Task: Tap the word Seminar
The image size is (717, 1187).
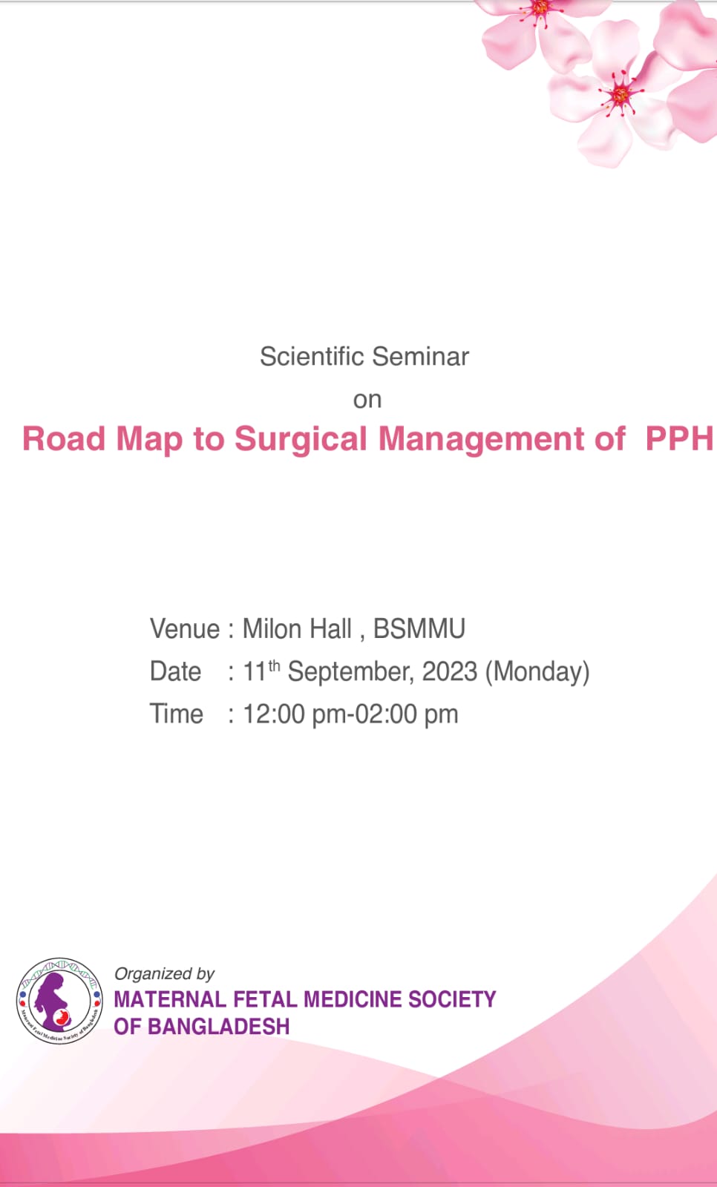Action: [x=421, y=356]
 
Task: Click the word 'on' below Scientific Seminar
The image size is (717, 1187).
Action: [x=367, y=400]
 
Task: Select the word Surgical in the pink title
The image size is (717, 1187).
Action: [x=301, y=440]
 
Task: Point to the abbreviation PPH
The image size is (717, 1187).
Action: [x=679, y=438]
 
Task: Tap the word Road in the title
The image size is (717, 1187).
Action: [x=64, y=438]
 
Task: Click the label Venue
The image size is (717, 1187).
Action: [x=185, y=629]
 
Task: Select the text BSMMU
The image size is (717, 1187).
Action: [x=419, y=629]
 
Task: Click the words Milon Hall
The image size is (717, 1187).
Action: [x=297, y=629]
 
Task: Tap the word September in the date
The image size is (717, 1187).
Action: [x=350, y=672]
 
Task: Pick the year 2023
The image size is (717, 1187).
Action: [x=450, y=671]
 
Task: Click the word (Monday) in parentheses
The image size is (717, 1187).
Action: [x=537, y=672]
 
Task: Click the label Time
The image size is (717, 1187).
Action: [x=176, y=714]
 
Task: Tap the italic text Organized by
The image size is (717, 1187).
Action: [x=164, y=974]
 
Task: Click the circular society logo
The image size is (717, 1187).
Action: [x=60, y=1001]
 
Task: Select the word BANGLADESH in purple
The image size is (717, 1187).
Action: [x=218, y=1027]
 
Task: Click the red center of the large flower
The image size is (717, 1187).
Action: [x=620, y=96]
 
